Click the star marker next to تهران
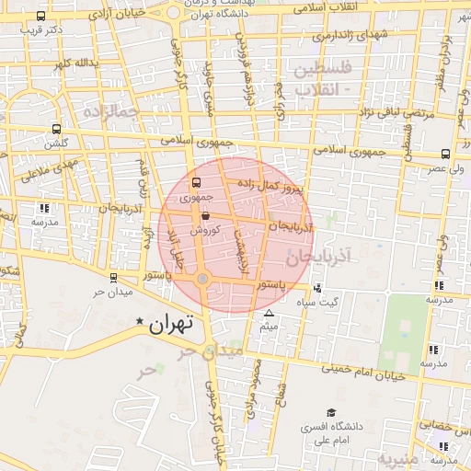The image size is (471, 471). tap(140, 322)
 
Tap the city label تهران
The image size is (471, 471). tap(172, 323)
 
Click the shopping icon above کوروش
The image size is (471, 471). tap(204, 217)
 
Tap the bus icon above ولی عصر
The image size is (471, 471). tap(445, 155)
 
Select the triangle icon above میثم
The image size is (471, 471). tap(269, 314)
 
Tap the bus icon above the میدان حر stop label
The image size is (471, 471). tap(113, 278)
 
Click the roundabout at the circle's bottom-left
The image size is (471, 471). tap(203, 278)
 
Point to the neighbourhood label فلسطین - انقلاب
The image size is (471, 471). tap(322, 79)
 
